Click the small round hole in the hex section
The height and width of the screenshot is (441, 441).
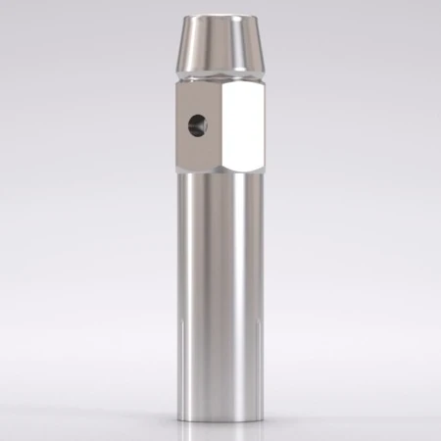(x=197, y=124)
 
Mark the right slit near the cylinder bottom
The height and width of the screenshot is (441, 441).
(x=257, y=348)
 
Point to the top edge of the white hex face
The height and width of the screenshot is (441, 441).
(x=244, y=83)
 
